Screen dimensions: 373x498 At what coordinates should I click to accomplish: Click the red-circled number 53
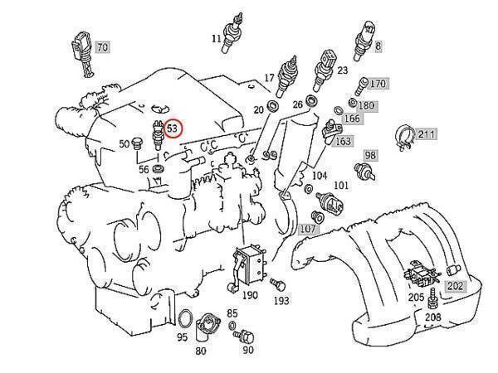pyautogui.click(x=173, y=128)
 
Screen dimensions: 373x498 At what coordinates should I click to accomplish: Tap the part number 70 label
pyautogui.click(x=101, y=47)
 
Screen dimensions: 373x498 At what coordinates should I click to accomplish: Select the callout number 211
pyautogui.click(x=426, y=133)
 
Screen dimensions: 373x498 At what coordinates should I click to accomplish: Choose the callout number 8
pyautogui.click(x=378, y=47)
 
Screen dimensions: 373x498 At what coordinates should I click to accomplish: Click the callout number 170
pyautogui.click(x=378, y=84)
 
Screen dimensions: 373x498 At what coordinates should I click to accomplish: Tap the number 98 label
pyautogui.click(x=369, y=155)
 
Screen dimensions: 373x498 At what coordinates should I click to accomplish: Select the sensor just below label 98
pyautogui.click(x=363, y=172)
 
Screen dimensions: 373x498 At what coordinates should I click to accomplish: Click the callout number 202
pyautogui.click(x=456, y=286)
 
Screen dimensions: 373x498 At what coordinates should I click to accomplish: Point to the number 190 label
pyautogui.click(x=249, y=295)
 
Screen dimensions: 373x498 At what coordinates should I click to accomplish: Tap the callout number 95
pyautogui.click(x=182, y=337)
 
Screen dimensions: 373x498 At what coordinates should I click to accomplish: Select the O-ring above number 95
pyautogui.click(x=188, y=319)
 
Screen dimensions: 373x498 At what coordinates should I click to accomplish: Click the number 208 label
pyautogui.click(x=432, y=317)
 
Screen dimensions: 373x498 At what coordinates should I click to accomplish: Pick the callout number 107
pyautogui.click(x=308, y=229)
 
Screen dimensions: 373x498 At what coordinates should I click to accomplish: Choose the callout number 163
pyautogui.click(x=342, y=141)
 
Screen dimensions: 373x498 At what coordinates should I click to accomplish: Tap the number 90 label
pyautogui.click(x=247, y=350)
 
